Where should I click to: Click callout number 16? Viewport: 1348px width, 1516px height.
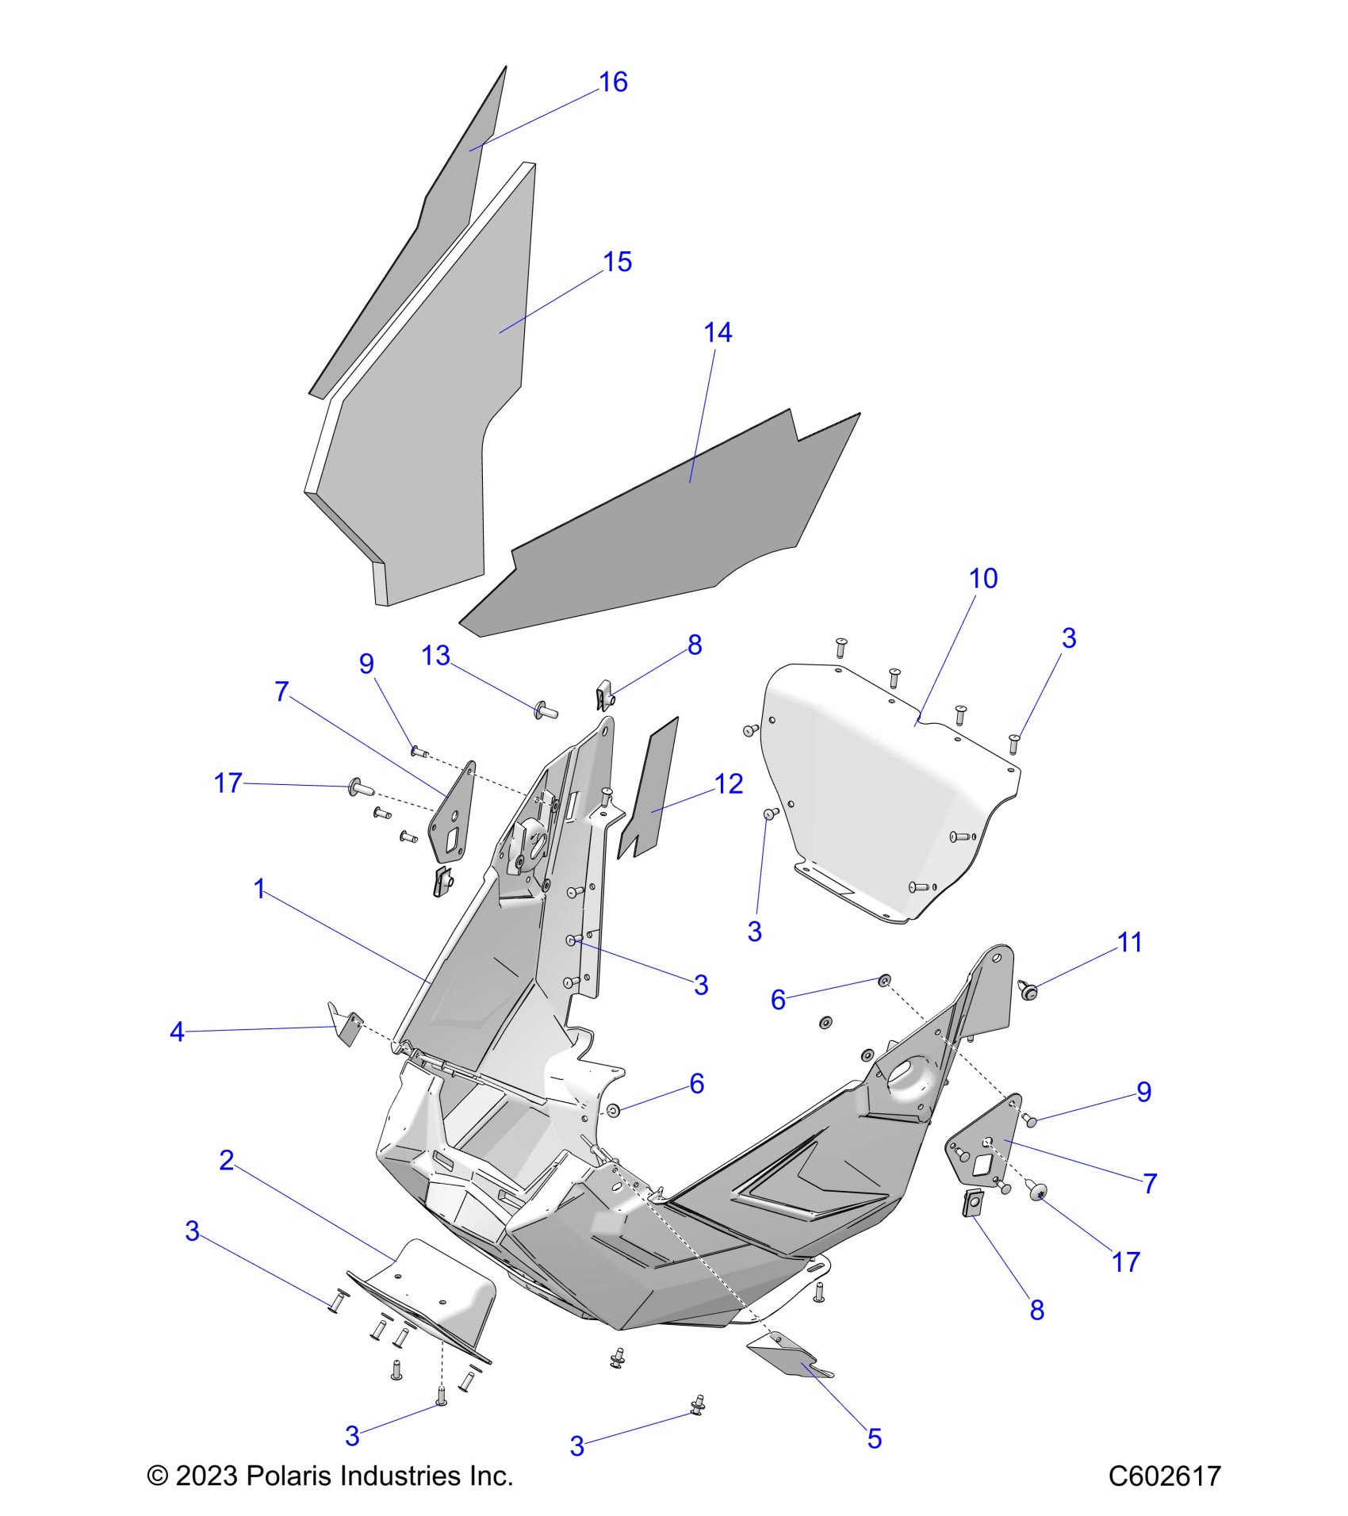[x=613, y=82]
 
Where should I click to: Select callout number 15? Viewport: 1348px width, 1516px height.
[x=617, y=262]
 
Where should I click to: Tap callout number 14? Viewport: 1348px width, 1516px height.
[x=718, y=332]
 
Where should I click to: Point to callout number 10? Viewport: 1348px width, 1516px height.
[x=983, y=578]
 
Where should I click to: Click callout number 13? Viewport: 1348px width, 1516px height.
[x=436, y=656]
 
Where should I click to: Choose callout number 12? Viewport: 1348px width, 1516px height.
[x=729, y=784]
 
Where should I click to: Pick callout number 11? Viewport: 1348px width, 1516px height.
[x=1129, y=942]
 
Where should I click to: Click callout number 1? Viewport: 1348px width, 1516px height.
[x=259, y=889]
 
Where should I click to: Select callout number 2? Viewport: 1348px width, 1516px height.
[x=227, y=1160]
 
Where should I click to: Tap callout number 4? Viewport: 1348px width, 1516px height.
[x=177, y=1032]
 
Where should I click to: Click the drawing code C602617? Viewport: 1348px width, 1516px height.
[x=1164, y=1476]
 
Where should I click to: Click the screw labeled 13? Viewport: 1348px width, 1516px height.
[x=547, y=712]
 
